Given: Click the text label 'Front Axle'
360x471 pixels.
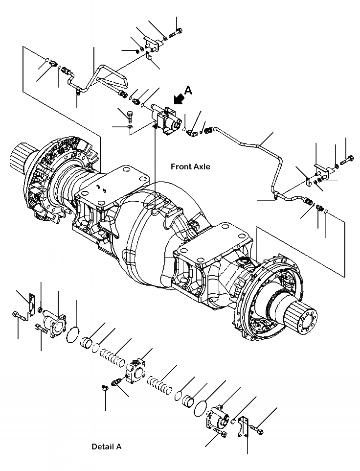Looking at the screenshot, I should coord(190,166).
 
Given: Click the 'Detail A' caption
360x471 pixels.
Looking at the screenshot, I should coord(106,447).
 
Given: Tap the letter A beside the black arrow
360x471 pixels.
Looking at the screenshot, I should coord(188,90).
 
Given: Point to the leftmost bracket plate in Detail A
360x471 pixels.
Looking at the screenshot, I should coord(32,303).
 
